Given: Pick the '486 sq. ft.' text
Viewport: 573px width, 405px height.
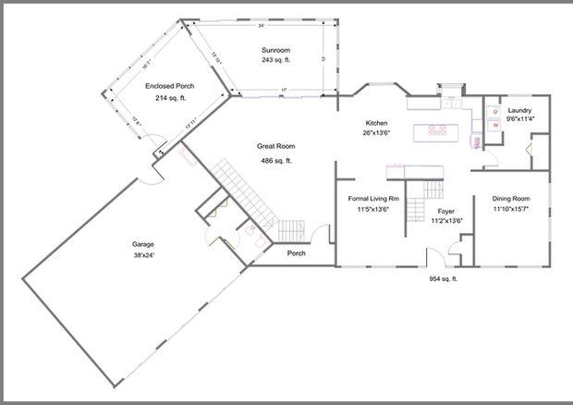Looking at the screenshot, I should click(276, 160).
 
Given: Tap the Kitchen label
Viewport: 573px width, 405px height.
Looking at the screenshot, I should click(376, 123).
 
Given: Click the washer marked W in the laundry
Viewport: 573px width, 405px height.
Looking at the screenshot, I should click(495, 125).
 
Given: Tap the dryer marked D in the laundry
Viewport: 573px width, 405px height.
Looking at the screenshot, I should click(495, 111).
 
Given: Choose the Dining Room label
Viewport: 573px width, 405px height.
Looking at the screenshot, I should click(510, 199).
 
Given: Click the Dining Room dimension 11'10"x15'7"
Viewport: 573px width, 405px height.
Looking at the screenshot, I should click(510, 210).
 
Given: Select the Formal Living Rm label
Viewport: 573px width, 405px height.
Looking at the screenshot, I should click(373, 198).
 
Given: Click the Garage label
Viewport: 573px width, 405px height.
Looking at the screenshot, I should click(142, 244).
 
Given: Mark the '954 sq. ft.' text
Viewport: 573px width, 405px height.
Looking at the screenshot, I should click(444, 278).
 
